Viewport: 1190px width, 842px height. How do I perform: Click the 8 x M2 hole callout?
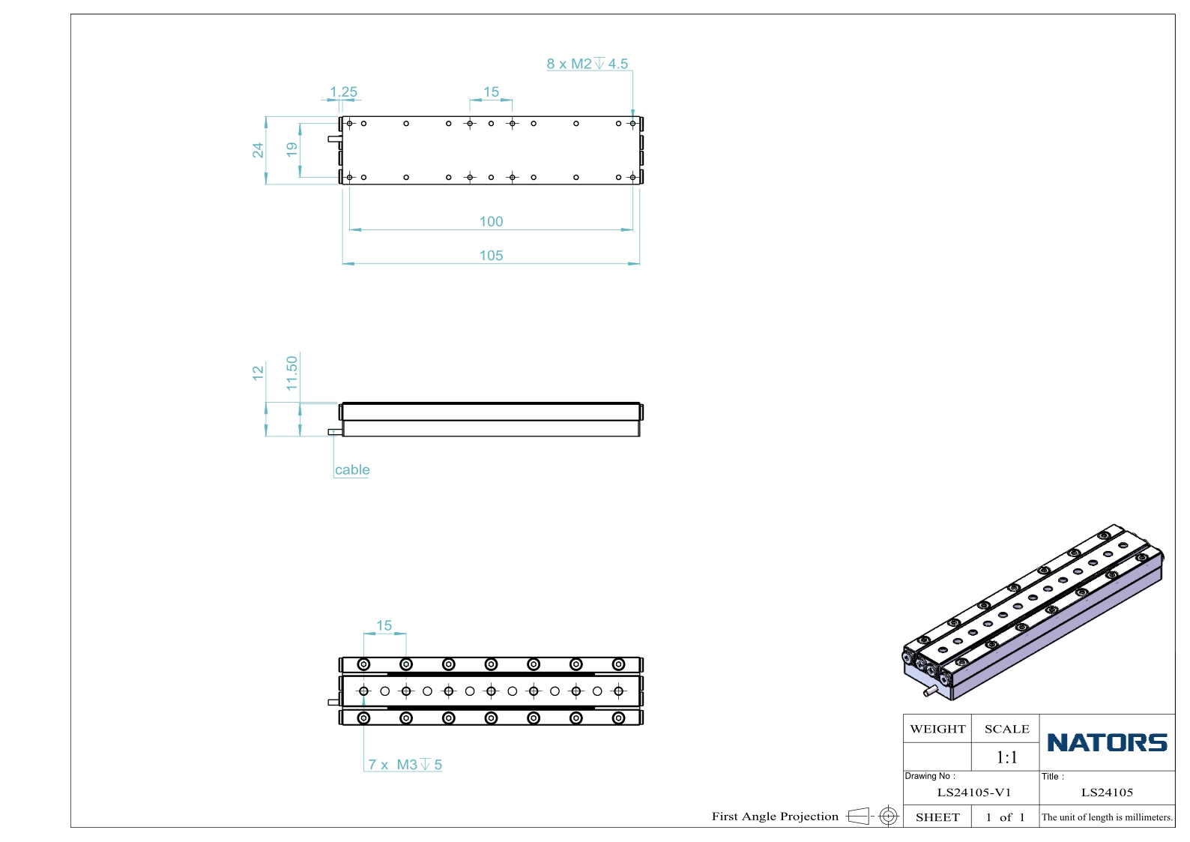[x=587, y=64]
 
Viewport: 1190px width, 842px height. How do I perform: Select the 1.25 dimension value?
[x=343, y=92]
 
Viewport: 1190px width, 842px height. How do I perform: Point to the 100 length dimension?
[x=491, y=221]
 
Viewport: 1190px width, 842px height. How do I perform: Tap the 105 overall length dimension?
[x=491, y=255]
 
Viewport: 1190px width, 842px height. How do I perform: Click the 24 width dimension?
[x=258, y=151]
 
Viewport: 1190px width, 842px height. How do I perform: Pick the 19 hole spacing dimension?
[x=292, y=150]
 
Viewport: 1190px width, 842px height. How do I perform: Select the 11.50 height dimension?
[x=292, y=373]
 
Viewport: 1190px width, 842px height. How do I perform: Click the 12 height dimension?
[x=258, y=373]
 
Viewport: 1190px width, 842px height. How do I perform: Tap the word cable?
[x=352, y=469]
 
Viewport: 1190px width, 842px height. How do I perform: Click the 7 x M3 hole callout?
[x=405, y=764]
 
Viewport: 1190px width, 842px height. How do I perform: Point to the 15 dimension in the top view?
[x=491, y=92]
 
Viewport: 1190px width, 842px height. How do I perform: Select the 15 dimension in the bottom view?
[x=384, y=625]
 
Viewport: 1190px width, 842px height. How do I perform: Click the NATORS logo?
[x=1107, y=742]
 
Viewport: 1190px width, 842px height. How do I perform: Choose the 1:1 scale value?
[x=1006, y=757]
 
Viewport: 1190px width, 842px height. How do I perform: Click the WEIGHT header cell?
[x=937, y=729]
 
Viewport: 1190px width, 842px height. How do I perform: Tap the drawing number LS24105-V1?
[x=973, y=792]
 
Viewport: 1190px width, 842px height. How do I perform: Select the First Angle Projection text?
[x=775, y=816]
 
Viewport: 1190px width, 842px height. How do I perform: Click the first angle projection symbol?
[x=872, y=816]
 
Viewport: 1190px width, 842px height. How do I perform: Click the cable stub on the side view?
[x=335, y=432]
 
